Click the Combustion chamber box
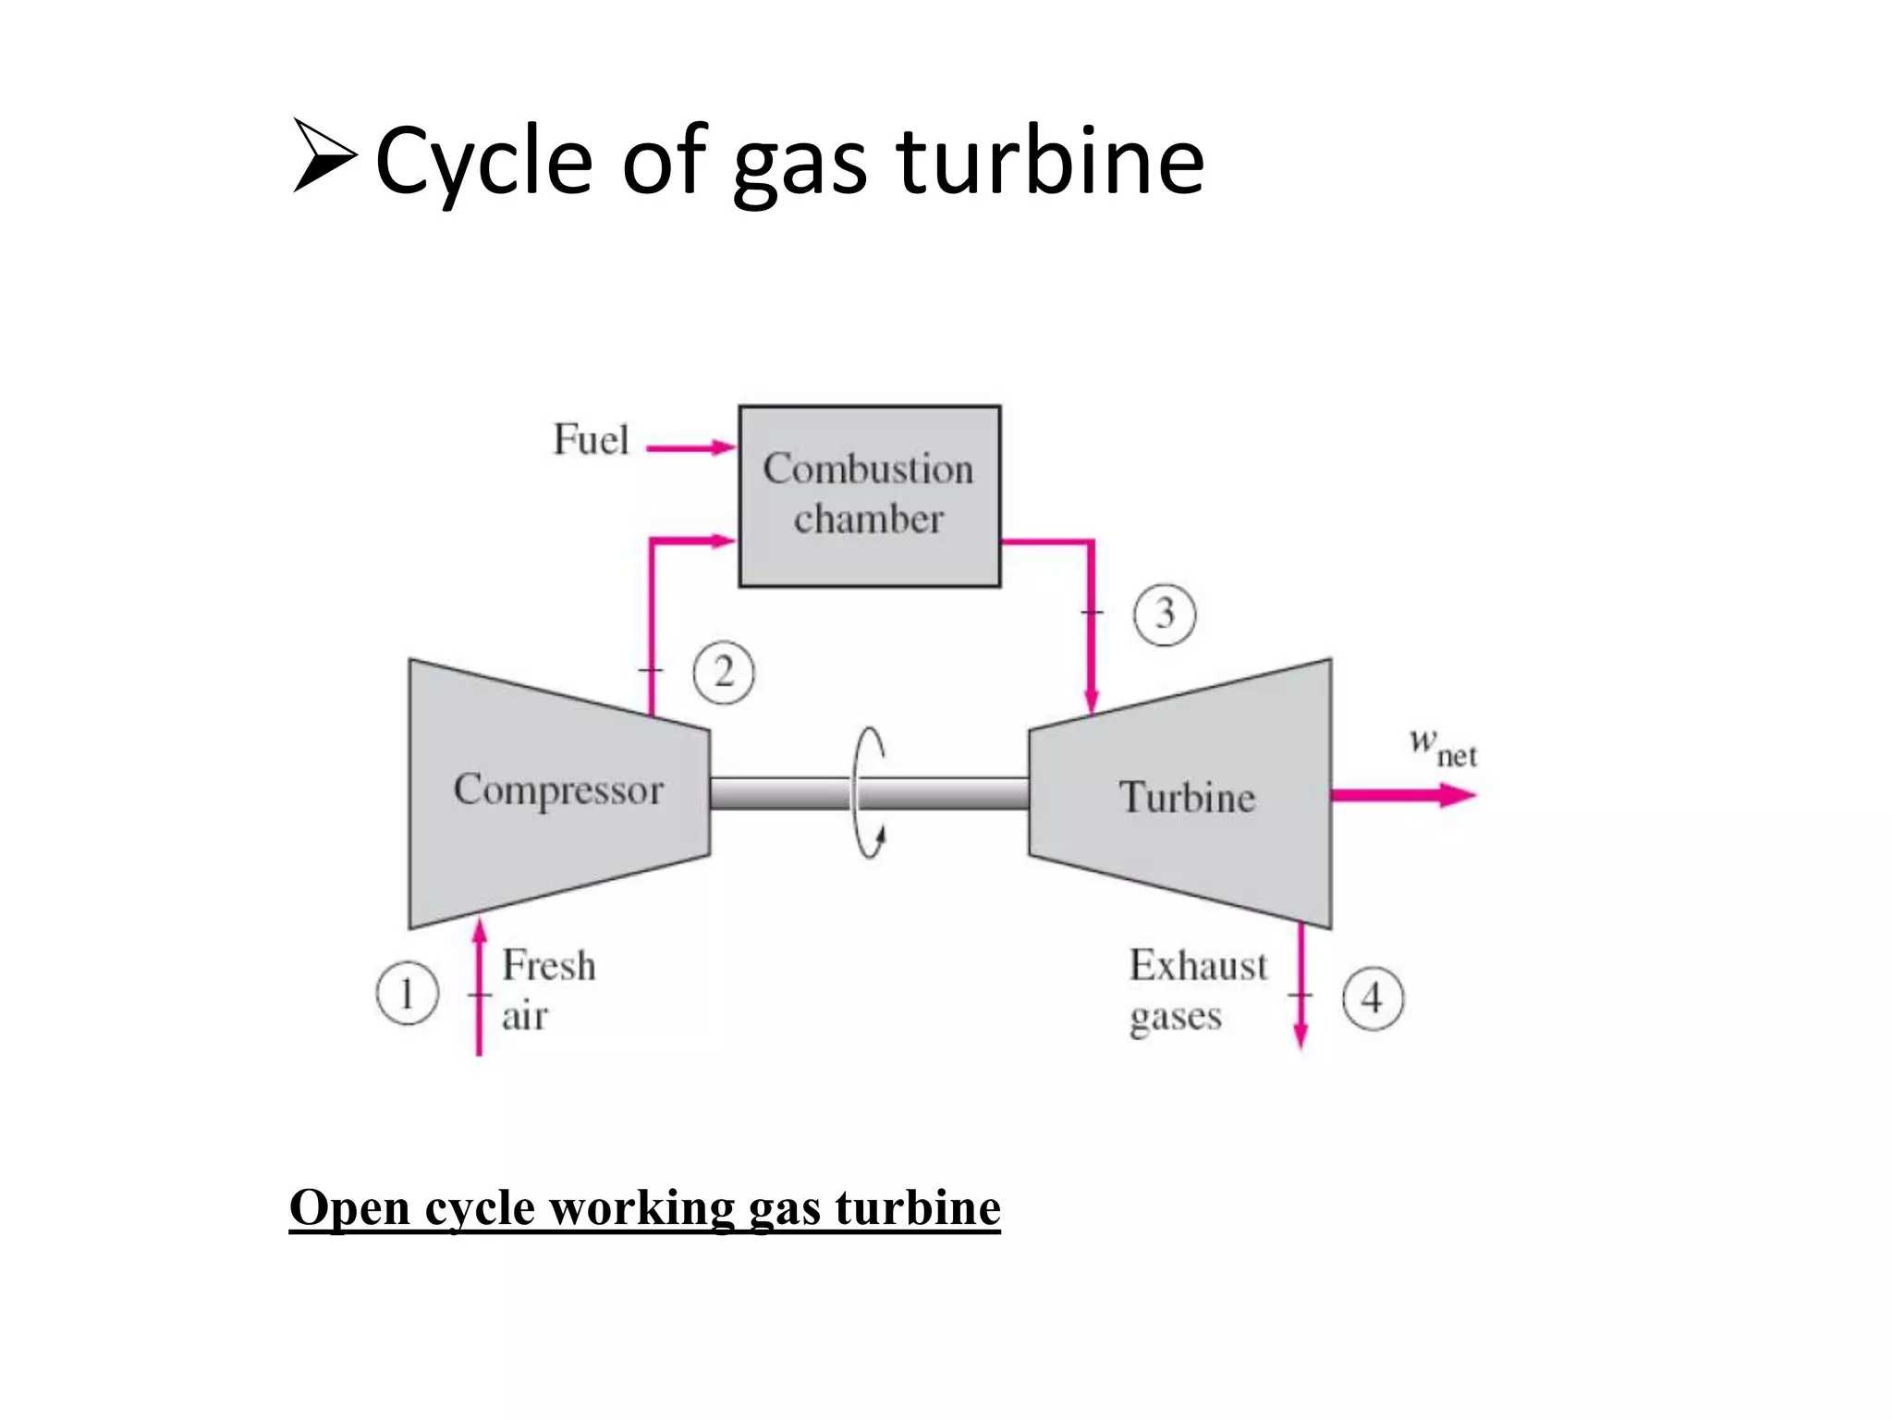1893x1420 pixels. click(869, 496)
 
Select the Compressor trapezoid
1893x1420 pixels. click(558, 793)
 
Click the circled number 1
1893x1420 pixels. click(407, 994)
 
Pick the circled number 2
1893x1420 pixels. click(724, 672)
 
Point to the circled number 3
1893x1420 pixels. click(1165, 614)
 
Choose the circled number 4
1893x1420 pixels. click(1373, 998)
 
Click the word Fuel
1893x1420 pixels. click(591, 440)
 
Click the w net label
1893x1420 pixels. click(1442, 747)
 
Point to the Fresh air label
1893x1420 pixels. click(547, 989)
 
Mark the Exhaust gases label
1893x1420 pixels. click(1197, 989)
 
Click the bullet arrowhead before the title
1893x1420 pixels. click(324, 156)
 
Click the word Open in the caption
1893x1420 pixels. click(348, 1207)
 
